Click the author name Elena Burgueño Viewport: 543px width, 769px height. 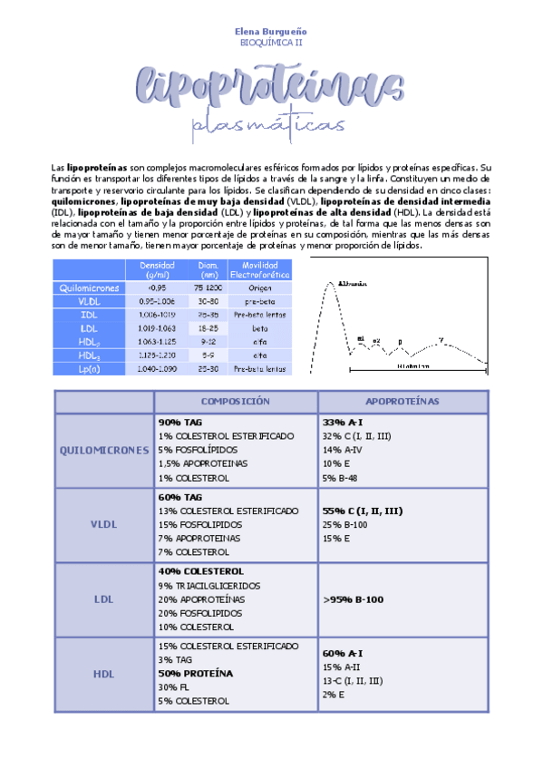[271, 31]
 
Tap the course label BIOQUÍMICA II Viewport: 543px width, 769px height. [271, 42]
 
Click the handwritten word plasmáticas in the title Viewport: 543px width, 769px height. [271, 127]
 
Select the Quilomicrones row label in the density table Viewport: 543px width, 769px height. [90, 287]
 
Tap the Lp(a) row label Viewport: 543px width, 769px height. [90, 368]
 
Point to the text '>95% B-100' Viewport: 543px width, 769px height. [354, 599]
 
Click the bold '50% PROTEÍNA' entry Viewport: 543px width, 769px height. [195, 674]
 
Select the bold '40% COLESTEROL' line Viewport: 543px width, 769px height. [200, 571]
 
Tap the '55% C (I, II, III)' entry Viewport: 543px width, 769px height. [362, 511]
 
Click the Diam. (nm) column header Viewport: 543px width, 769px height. [208, 268]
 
